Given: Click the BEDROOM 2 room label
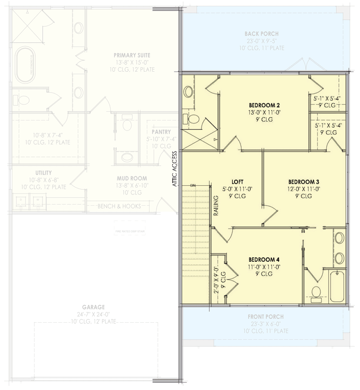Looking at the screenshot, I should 264,105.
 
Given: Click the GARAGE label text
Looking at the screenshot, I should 93,307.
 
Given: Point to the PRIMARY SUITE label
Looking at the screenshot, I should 132,55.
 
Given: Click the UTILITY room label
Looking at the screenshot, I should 43,173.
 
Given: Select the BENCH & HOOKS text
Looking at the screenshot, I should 120,206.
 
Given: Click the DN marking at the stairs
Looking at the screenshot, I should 192,186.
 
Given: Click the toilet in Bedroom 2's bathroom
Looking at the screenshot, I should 193,118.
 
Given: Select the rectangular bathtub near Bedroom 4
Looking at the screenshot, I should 337,286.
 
